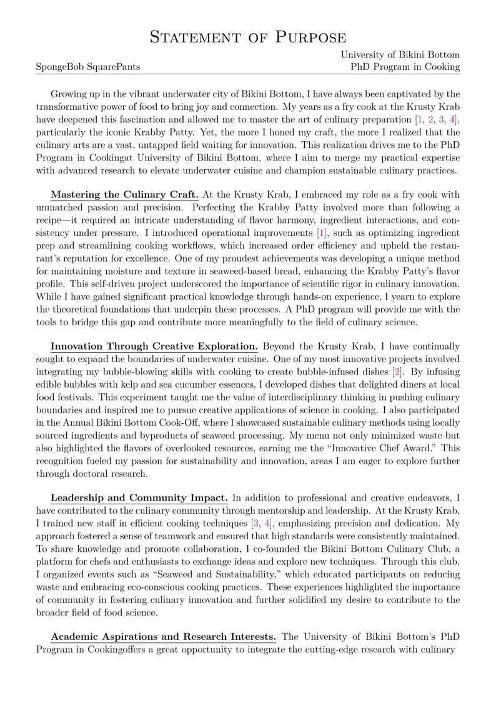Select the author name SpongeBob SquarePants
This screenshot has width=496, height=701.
[x=88, y=67]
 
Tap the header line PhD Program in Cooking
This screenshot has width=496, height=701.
[x=405, y=67]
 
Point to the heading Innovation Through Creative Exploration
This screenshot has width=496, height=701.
[x=154, y=346]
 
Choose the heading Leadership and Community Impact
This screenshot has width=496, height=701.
[x=139, y=498]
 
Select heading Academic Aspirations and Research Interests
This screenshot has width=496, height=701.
[x=163, y=637]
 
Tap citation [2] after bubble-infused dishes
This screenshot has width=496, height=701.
[x=396, y=372]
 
